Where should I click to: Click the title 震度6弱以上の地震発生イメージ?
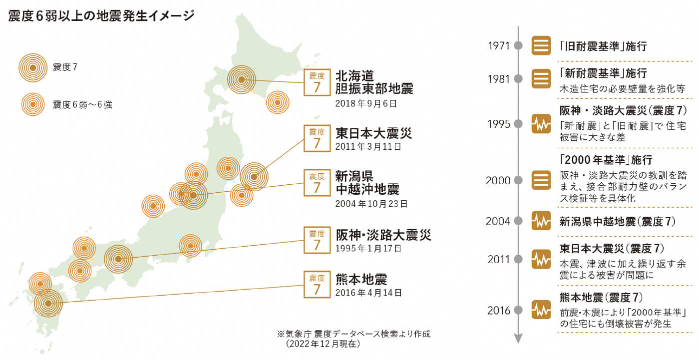[x=101, y=15]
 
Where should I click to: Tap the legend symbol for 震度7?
[x=32, y=67]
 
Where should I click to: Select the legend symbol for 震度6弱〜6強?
[x=32, y=104]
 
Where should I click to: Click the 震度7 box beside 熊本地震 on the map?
[x=317, y=284]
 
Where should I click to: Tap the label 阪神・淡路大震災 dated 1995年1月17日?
[x=383, y=235]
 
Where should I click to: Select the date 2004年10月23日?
[x=371, y=204]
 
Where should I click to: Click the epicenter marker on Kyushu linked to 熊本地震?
[x=48, y=303]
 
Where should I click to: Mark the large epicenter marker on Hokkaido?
[x=241, y=79]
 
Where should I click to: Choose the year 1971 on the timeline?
[x=498, y=46]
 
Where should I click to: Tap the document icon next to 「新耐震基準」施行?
[x=541, y=78]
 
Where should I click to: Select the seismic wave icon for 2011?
[x=541, y=259]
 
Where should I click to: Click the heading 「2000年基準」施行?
[x=606, y=160]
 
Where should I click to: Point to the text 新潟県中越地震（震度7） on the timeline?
[x=618, y=220]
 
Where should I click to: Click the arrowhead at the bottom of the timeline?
[x=518, y=339]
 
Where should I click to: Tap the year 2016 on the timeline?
[x=498, y=311]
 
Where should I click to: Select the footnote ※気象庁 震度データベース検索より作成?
[x=353, y=334]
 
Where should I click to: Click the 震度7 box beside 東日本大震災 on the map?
[x=317, y=138]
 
